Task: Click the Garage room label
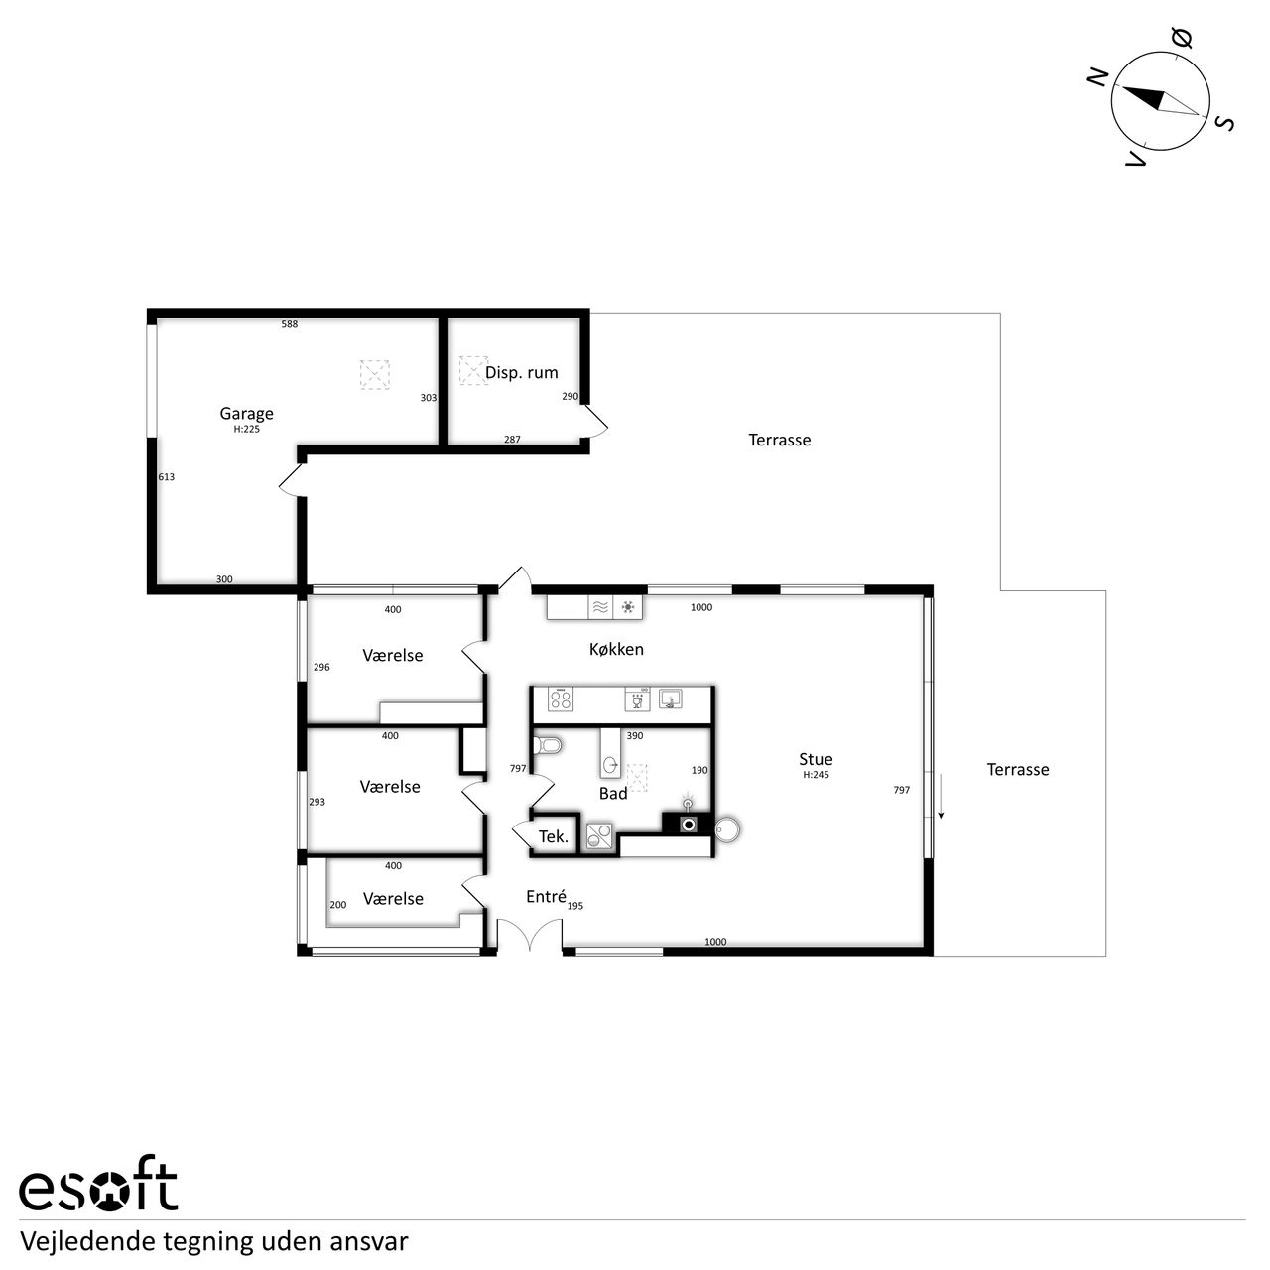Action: [x=246, y=413]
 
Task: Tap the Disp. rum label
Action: [x=521, y=372]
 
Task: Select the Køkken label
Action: [x=616, y=649]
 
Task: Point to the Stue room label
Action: [x=816, y=759]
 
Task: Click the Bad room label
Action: [x=613, y=794]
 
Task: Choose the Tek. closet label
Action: [x=553, y=837]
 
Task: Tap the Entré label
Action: [x=546, y=896]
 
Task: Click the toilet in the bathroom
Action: [x=547, y=745]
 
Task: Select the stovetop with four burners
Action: [x=561, y=698]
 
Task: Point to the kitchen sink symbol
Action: [x=669, y=698]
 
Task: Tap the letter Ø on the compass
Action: [x=1184, y=39]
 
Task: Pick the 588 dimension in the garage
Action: [x=290, y=324]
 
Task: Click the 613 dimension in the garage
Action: [x=166, y=477]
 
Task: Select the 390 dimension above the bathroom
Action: [x=635, y=736]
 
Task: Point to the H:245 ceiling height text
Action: [x=816, y=775]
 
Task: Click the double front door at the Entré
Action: [x=530, y=935]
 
